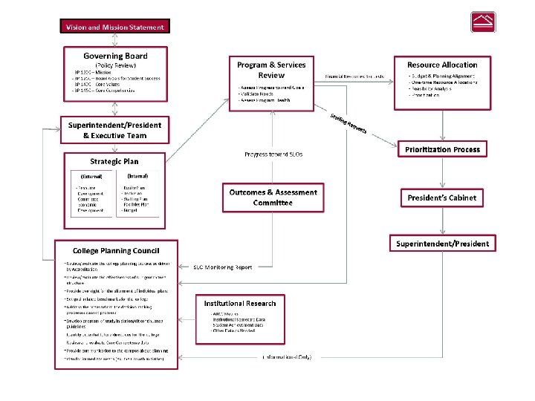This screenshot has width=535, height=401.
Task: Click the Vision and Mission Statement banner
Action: coord(114,27)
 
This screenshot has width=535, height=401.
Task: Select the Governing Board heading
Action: coord(115,56)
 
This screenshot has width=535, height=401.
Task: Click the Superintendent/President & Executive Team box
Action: coord(114,131)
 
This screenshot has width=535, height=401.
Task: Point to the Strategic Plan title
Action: coord(114,161)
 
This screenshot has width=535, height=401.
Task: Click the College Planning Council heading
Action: coord(115,250)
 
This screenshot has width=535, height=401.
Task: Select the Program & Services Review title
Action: coord(271,70)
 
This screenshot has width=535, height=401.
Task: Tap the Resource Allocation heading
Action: coord(442,65)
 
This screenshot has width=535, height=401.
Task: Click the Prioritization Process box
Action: coord(442,149)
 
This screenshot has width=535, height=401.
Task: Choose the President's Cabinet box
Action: coord(442,198)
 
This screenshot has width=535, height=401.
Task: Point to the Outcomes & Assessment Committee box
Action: coord(273,198)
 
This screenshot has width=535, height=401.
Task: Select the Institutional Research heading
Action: coord(240,303)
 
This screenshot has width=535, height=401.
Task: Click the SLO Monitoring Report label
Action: coord(223,267)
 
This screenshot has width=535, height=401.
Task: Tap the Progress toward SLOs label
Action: coord(273,154)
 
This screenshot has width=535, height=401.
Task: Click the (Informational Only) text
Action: coord(288,357)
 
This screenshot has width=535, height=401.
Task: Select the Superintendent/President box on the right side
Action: coord(442,244)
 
